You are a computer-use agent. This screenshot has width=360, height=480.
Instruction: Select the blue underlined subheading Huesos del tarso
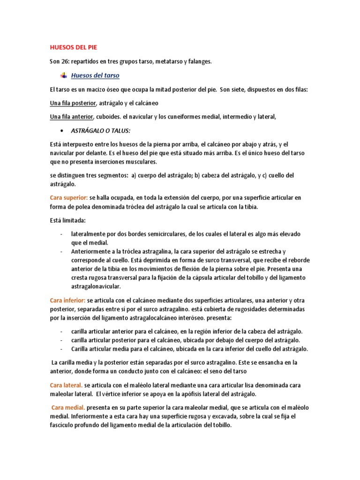coord(95,75)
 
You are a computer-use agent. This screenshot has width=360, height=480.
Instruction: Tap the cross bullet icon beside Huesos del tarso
coord(64,75)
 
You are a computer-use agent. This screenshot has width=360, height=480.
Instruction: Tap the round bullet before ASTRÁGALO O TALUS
coord(63,131)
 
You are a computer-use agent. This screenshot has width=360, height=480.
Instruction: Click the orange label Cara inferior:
coord(67,300)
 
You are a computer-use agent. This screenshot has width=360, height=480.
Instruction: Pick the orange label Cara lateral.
coord(66,385)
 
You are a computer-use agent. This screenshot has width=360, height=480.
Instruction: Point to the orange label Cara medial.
coord(67,408)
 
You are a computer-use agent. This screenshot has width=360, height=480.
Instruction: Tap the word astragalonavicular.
coord(96,286)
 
